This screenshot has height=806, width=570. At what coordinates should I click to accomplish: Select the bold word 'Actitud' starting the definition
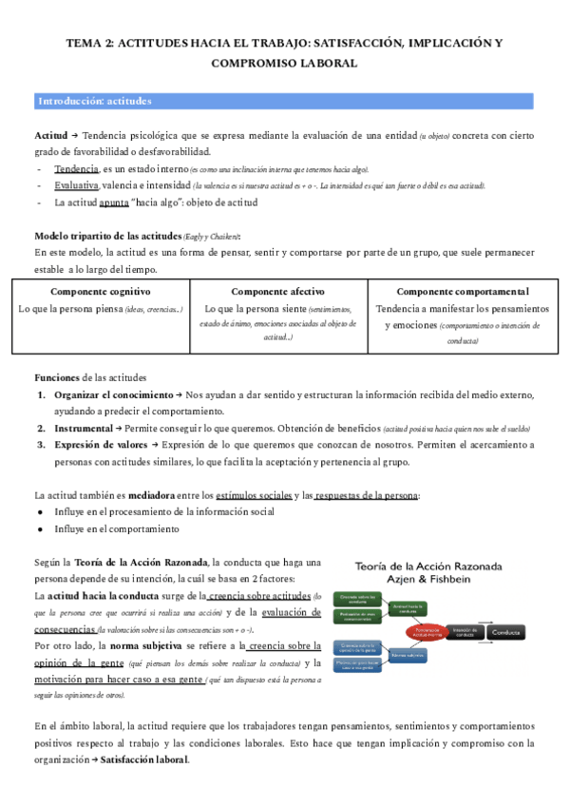click(x=50, y=136)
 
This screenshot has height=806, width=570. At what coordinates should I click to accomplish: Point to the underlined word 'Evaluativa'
click(x=79, y=184)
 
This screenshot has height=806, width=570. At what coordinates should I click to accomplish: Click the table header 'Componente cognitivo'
click(x=100, y=291)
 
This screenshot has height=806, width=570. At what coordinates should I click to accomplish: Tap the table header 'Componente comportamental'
click(x=463, y=291)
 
